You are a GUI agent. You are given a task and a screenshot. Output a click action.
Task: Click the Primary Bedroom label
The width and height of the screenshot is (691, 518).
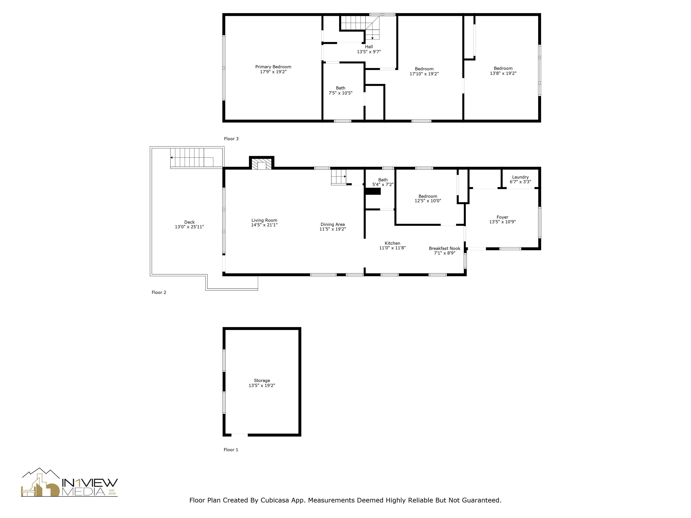(x=273, y=67)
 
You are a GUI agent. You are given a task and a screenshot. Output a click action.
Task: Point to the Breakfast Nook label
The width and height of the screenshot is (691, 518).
(x=444, y=248)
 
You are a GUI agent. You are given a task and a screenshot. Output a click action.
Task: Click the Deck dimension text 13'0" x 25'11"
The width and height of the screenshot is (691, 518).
(x=189, y=227)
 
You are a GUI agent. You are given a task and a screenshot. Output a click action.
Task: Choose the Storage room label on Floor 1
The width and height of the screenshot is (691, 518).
(x=262, y=381)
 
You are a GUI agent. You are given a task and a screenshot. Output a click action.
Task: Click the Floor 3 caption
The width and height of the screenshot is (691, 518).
(x=231, y=139)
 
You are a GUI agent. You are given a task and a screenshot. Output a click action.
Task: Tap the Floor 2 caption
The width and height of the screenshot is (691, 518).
(x=159, y=292)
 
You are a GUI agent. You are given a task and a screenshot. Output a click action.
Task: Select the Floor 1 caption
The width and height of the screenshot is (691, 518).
(x=231, y=450)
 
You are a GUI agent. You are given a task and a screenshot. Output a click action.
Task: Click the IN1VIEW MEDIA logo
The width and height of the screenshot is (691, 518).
(x=69, y=483)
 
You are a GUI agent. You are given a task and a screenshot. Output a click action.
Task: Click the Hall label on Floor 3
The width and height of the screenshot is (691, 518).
(x=369, y=47)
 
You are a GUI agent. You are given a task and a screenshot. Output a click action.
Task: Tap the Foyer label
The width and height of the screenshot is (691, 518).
(x=502, y=217)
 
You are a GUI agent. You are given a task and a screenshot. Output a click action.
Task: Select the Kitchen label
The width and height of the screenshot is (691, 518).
(x=392, y=243)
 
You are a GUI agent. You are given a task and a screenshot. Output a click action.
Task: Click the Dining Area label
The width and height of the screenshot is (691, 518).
(x=332, y=225)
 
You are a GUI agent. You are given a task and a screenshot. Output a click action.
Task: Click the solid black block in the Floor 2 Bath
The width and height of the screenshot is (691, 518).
(x=373, y=191)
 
